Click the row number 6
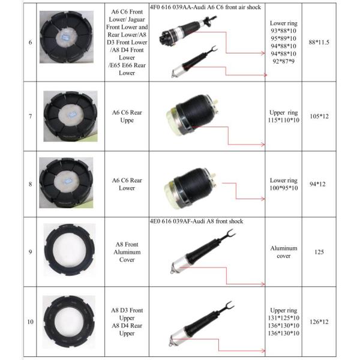pyautogui.click(x=31, y=43)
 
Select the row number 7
pyautogui.click(x=31, y=115)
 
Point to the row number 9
pyautogui.click(x=31, y=251)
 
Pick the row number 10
pyautogui.click(x=31, y=322)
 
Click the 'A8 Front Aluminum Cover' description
pyautogui.click(x=127, y=252)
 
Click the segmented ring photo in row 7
pyautogui.click(x=70, y=116)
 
